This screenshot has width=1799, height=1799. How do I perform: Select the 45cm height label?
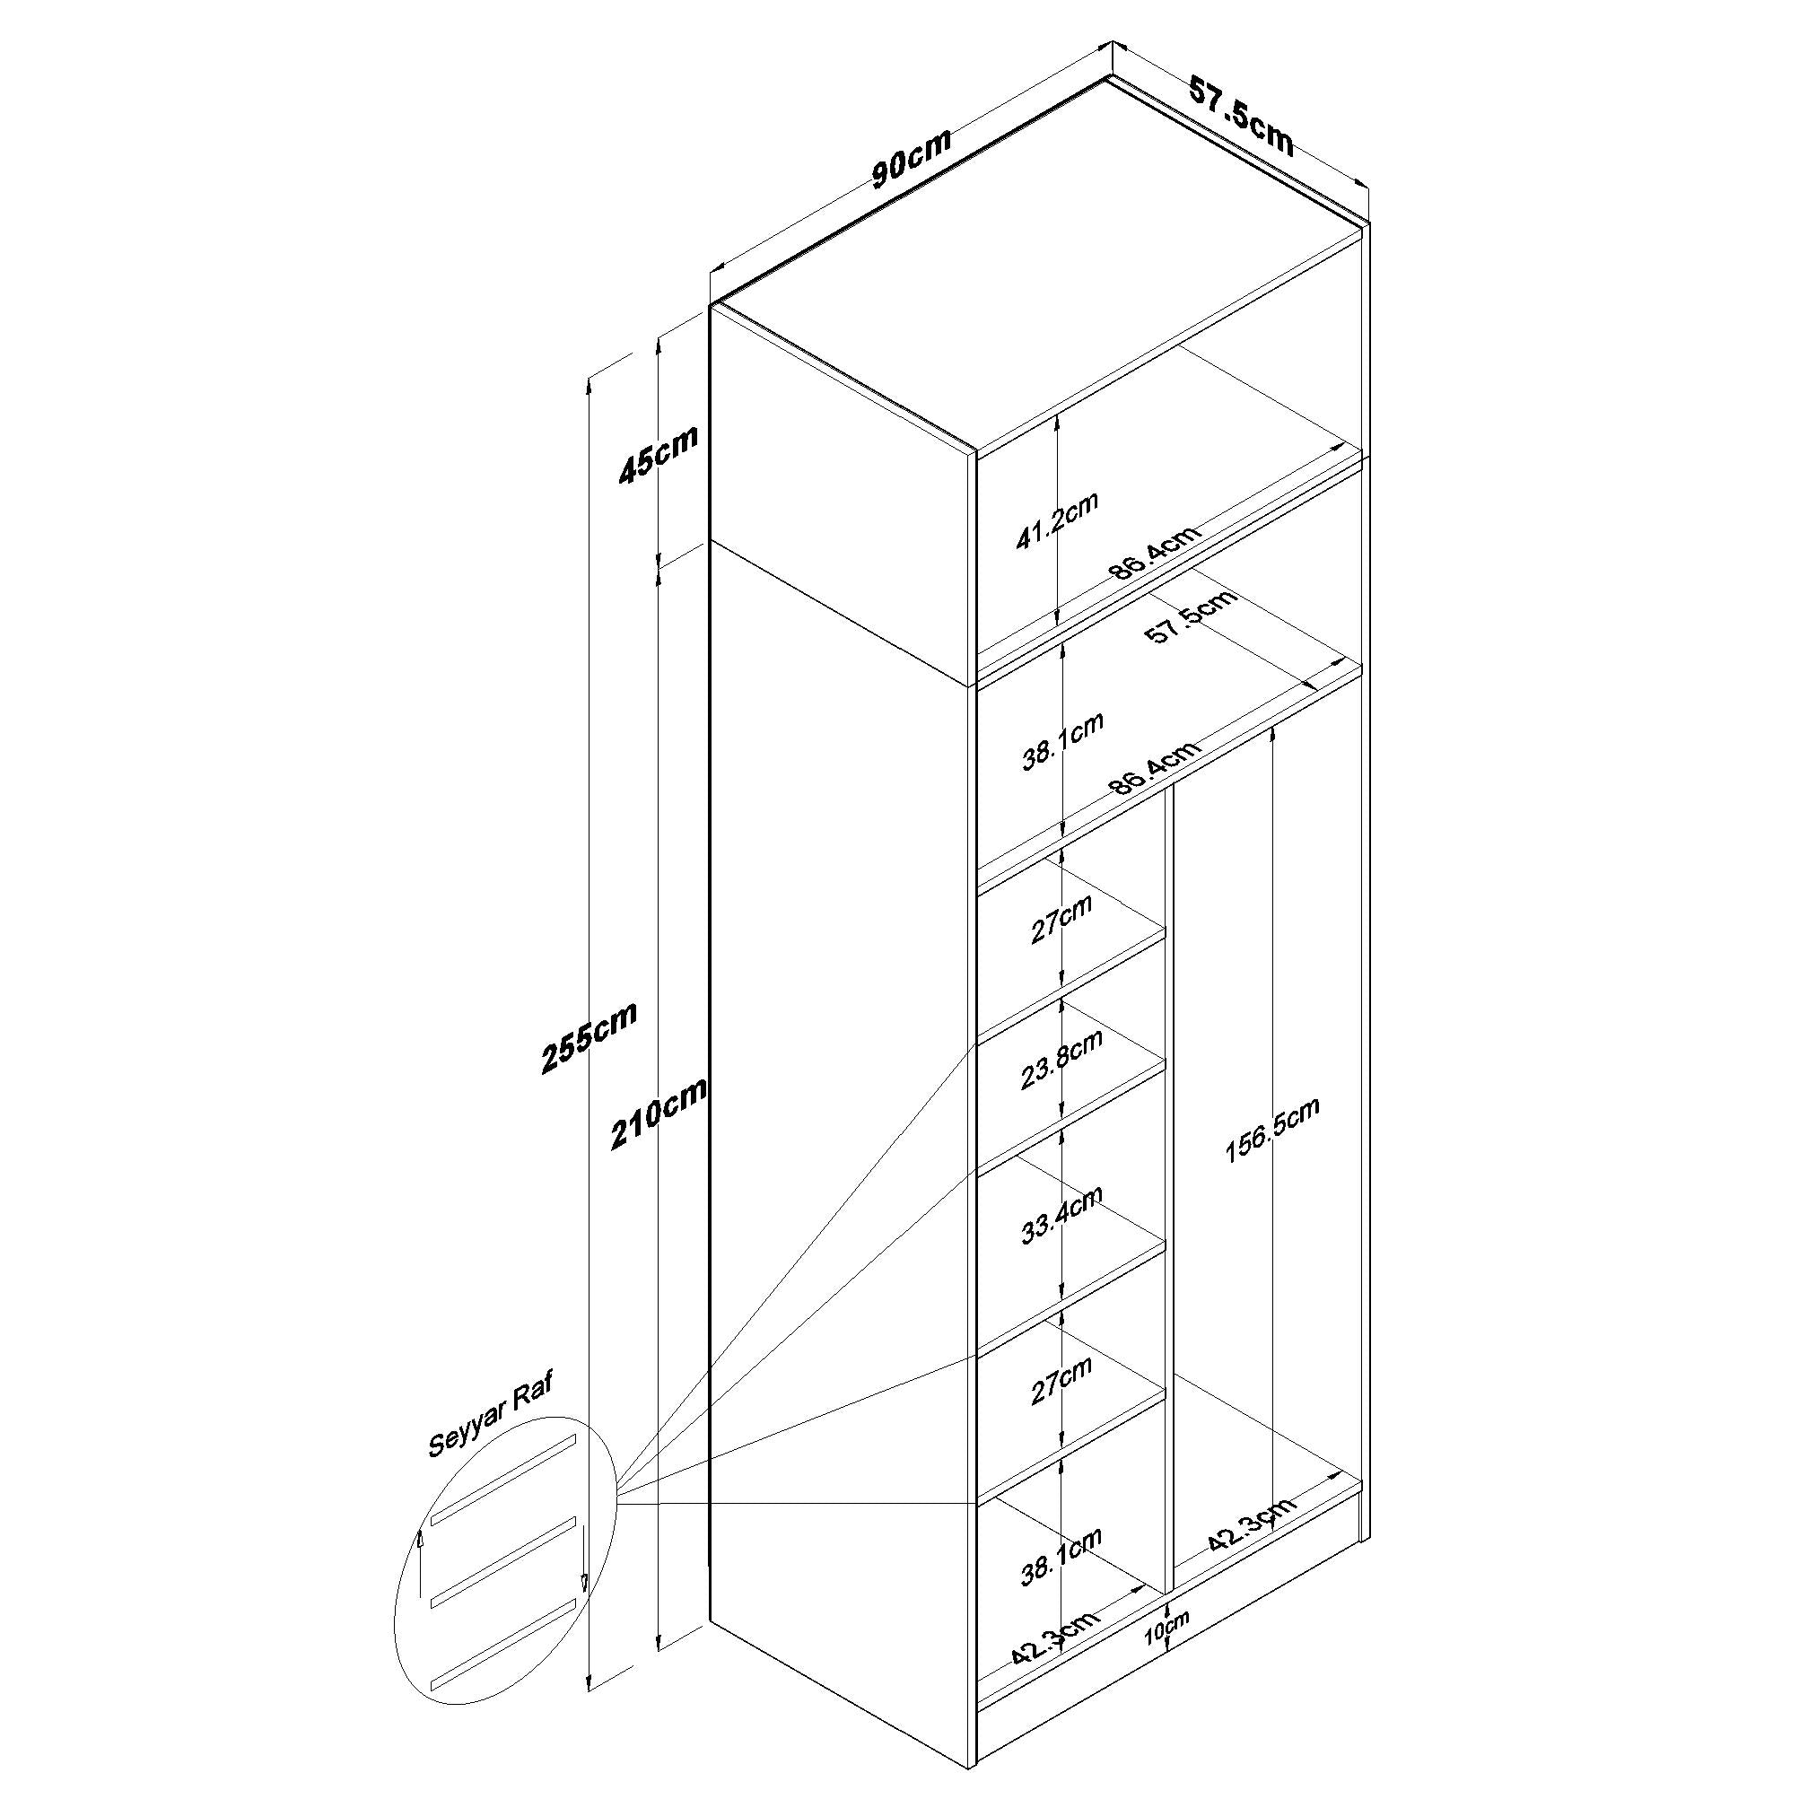659,454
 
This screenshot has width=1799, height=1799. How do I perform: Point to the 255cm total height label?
589,1037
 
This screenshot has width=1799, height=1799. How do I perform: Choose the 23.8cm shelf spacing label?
1061,1060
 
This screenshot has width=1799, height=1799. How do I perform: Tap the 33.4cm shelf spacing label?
1061,1215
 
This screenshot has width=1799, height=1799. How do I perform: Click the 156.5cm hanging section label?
1272,1131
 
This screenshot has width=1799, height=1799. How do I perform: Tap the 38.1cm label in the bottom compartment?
1061,1557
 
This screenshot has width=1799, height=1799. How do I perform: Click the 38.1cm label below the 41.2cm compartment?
1062,741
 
